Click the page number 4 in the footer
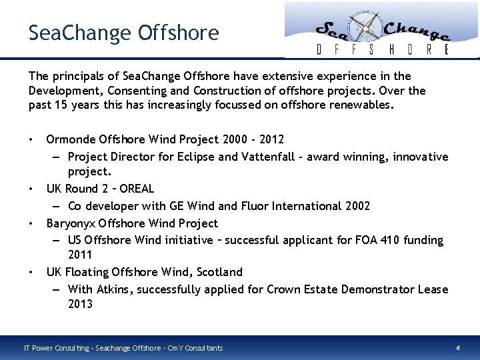(x=457, y=348)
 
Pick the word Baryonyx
(x=71, y=223)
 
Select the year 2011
(x=80, y=255)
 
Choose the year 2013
(x=80, y=305)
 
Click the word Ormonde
(x=70, y=139)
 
